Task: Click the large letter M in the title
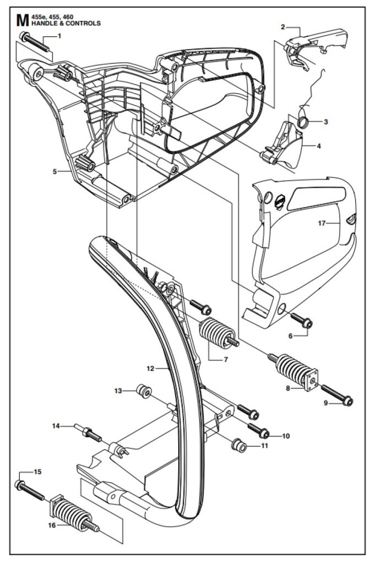coord(22,20)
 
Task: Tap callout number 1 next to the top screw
coord(59,36)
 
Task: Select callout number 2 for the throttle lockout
coord(283,26)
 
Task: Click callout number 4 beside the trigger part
coord(318,146)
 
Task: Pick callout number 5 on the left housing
coord(55,172)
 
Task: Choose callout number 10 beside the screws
coord(286,436)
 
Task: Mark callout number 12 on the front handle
coord(150,368)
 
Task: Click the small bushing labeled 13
coord(144,392)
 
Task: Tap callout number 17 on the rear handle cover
coord(322,224)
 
